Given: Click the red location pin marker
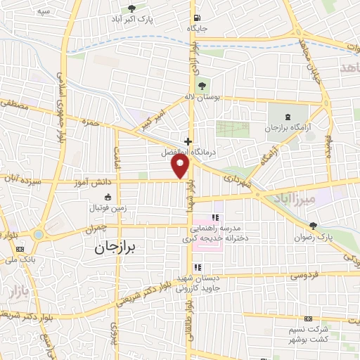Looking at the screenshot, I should point(181,167).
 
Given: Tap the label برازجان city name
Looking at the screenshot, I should point(117,248).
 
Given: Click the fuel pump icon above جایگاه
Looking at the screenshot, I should point(196,18).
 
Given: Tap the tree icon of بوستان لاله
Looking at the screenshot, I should point(203,86).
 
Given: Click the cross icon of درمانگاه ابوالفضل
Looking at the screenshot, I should point(188,141).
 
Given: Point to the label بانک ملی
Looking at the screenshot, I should point(19,259).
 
